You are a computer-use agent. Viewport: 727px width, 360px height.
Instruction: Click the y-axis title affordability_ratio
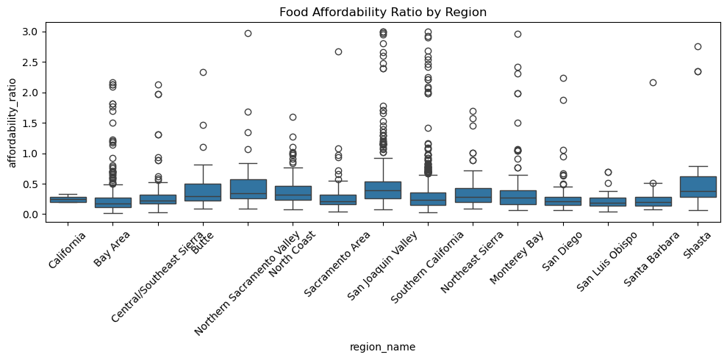click(12, 122)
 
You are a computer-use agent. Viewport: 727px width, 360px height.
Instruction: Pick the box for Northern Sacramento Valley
click(248, 189)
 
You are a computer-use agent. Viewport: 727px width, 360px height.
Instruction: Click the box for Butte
click(203, 192)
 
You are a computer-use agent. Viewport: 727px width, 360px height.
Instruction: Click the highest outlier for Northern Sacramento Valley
click(248, 34)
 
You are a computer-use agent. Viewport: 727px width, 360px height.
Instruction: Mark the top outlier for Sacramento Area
click(338, 52)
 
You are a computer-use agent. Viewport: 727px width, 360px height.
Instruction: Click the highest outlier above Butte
click(203, 72)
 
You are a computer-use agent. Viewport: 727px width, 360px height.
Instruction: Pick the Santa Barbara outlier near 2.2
click(653, 82)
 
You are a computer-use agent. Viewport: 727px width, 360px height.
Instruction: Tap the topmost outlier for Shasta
click(698, 46)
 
